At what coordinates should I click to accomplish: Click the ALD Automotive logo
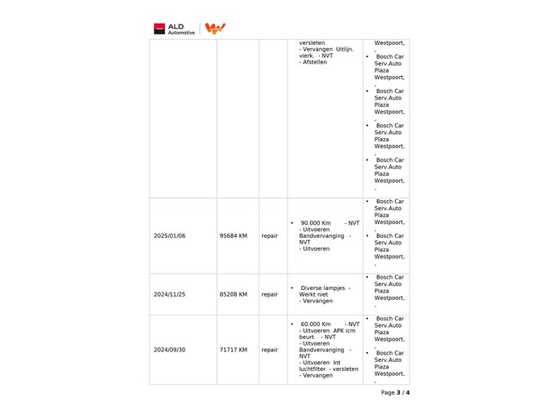[174, 29]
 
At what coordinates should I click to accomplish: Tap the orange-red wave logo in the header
[215, 29]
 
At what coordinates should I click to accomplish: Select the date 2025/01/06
[170, 236]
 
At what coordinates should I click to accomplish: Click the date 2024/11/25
[170, 294]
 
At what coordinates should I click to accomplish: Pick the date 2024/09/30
[170, 350]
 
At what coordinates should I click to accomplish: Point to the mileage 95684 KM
[233, 236]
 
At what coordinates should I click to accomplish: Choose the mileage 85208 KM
[233, 294]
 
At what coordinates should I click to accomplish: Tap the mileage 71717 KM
[233, 350]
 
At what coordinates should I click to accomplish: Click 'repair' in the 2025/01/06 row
[269, 236]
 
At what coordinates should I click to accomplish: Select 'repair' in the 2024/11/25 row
[269, 294]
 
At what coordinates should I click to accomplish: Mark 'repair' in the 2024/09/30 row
[269, 350]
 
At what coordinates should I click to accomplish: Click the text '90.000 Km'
[315, 222]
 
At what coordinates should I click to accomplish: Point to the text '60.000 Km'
[315, 324]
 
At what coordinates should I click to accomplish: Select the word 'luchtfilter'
[313, 369]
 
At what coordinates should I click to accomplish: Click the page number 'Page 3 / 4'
[395, 392]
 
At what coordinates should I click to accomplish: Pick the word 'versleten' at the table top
[312, 42]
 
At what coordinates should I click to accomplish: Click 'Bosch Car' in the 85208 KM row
[389, 277]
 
